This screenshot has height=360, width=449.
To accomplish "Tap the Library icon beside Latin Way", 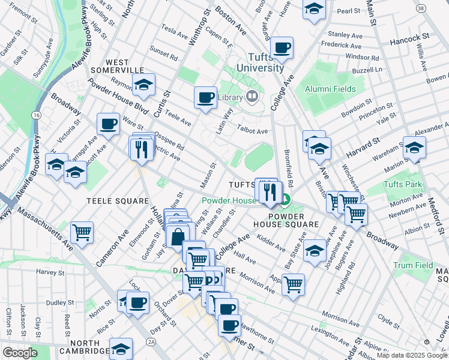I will click(x=252, y=96).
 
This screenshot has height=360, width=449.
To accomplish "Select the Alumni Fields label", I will click(x=330, y=89).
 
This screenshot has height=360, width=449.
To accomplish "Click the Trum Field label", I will click(x=413, y=265).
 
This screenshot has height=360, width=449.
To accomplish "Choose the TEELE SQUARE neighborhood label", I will click(x=118, y=200).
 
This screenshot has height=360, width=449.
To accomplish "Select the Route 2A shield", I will click(x=151, y=341).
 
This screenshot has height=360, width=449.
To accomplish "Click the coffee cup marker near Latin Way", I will click(x=205, y=97).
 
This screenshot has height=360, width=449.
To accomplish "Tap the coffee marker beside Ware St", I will click(x=108, y=124).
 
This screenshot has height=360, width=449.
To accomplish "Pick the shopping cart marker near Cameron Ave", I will click(x=82, y=232).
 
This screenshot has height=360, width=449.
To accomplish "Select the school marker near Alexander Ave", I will click(x=414, y=148).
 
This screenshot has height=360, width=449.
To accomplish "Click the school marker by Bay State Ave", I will click(x=315, y=250).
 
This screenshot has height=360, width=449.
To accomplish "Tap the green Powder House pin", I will click(x=286, y=201).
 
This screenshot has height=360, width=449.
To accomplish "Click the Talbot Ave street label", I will click(x=253, y=131).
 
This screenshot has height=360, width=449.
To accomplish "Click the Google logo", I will click(x=20, y=353).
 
